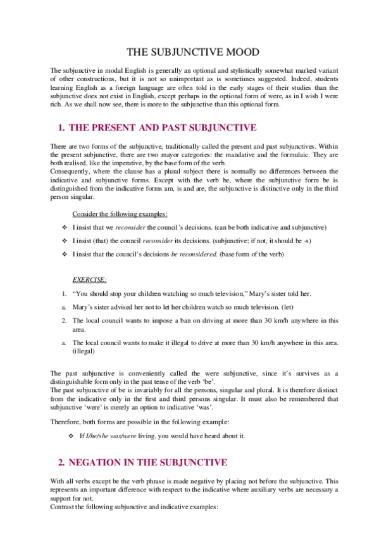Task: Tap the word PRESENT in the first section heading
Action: point(121,127)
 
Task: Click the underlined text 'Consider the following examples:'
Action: point(120,214)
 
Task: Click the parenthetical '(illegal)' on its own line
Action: point(84,350)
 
